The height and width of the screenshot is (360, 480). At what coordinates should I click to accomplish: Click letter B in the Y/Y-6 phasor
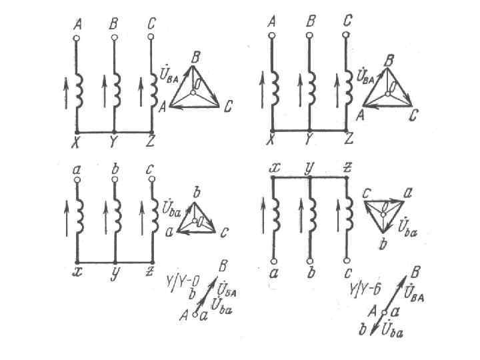pyautogui.click(x=415, y=271)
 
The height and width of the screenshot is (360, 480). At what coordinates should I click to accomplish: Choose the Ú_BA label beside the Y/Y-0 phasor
pyautogui.click(x=228, y=291)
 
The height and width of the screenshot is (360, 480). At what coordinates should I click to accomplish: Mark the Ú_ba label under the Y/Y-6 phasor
pyautogui.click(x=392, y=333)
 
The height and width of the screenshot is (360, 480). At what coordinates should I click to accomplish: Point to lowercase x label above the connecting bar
pyautogui.click(x=273, y=166)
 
